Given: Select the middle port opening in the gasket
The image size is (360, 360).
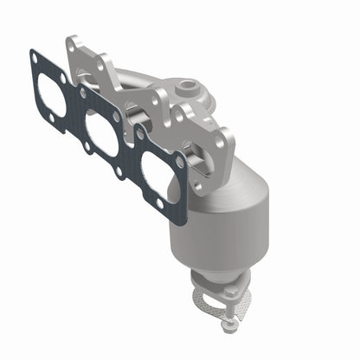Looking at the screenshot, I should tap(104, 130).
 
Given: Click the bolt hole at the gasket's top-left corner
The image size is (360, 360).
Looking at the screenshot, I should tap(34, 58).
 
